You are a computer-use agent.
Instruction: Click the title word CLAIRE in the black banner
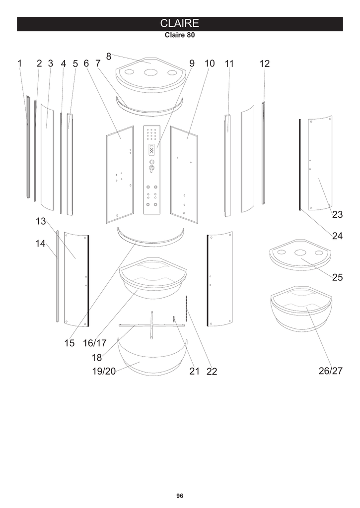point(179,23)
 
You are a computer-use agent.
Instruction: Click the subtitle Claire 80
point(180,35)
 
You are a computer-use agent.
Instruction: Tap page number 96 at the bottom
point(180,496)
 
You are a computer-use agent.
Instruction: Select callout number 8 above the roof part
point(109,57)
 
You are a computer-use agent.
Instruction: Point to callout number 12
point(264,63)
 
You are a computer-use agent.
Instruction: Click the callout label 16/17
point(95,343)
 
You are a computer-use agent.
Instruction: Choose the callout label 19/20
point(104,371)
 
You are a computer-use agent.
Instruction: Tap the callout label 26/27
point(331,371)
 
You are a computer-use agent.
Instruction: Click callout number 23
point(337,214)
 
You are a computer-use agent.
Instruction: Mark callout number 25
point(337,277)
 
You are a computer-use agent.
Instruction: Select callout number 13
point(41,221)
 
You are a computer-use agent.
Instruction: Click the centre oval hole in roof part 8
point(150,72)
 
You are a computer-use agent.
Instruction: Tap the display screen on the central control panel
point(151,150)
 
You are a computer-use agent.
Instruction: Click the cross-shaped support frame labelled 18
point(152,325)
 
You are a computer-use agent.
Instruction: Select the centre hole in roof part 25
point(300,253)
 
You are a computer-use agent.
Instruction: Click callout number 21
point(194,371)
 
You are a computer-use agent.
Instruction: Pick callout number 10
point(210,63)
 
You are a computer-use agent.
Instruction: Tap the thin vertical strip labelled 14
point(58,276)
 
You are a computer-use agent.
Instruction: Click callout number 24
point(337,236)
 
